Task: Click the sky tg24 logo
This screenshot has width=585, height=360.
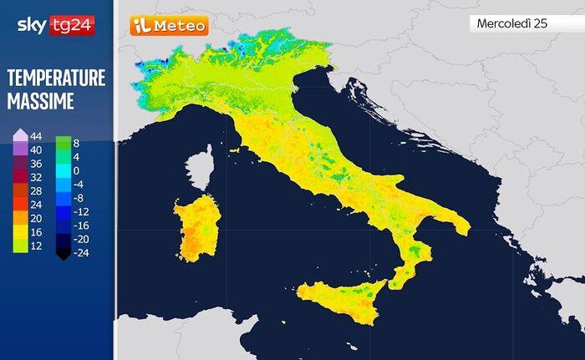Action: coord(55,26)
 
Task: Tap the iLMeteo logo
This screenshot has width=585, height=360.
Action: coord(168,26)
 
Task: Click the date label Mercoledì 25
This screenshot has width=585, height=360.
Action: coord(511,23)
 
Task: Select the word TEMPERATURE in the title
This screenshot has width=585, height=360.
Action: coord(56,79)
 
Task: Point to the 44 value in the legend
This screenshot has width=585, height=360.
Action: coord(36,136)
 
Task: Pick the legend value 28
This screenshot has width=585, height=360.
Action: coord(36,190)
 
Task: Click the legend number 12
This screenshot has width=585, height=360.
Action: coord(36,245)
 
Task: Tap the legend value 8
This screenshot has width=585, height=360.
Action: coord(76,143)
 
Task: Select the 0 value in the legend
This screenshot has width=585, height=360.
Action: coord(76,170)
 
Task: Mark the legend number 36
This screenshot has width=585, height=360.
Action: coord(36,164)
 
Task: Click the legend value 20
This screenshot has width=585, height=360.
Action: coord(36,218)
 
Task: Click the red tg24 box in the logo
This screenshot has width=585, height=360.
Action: coord(73,26)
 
